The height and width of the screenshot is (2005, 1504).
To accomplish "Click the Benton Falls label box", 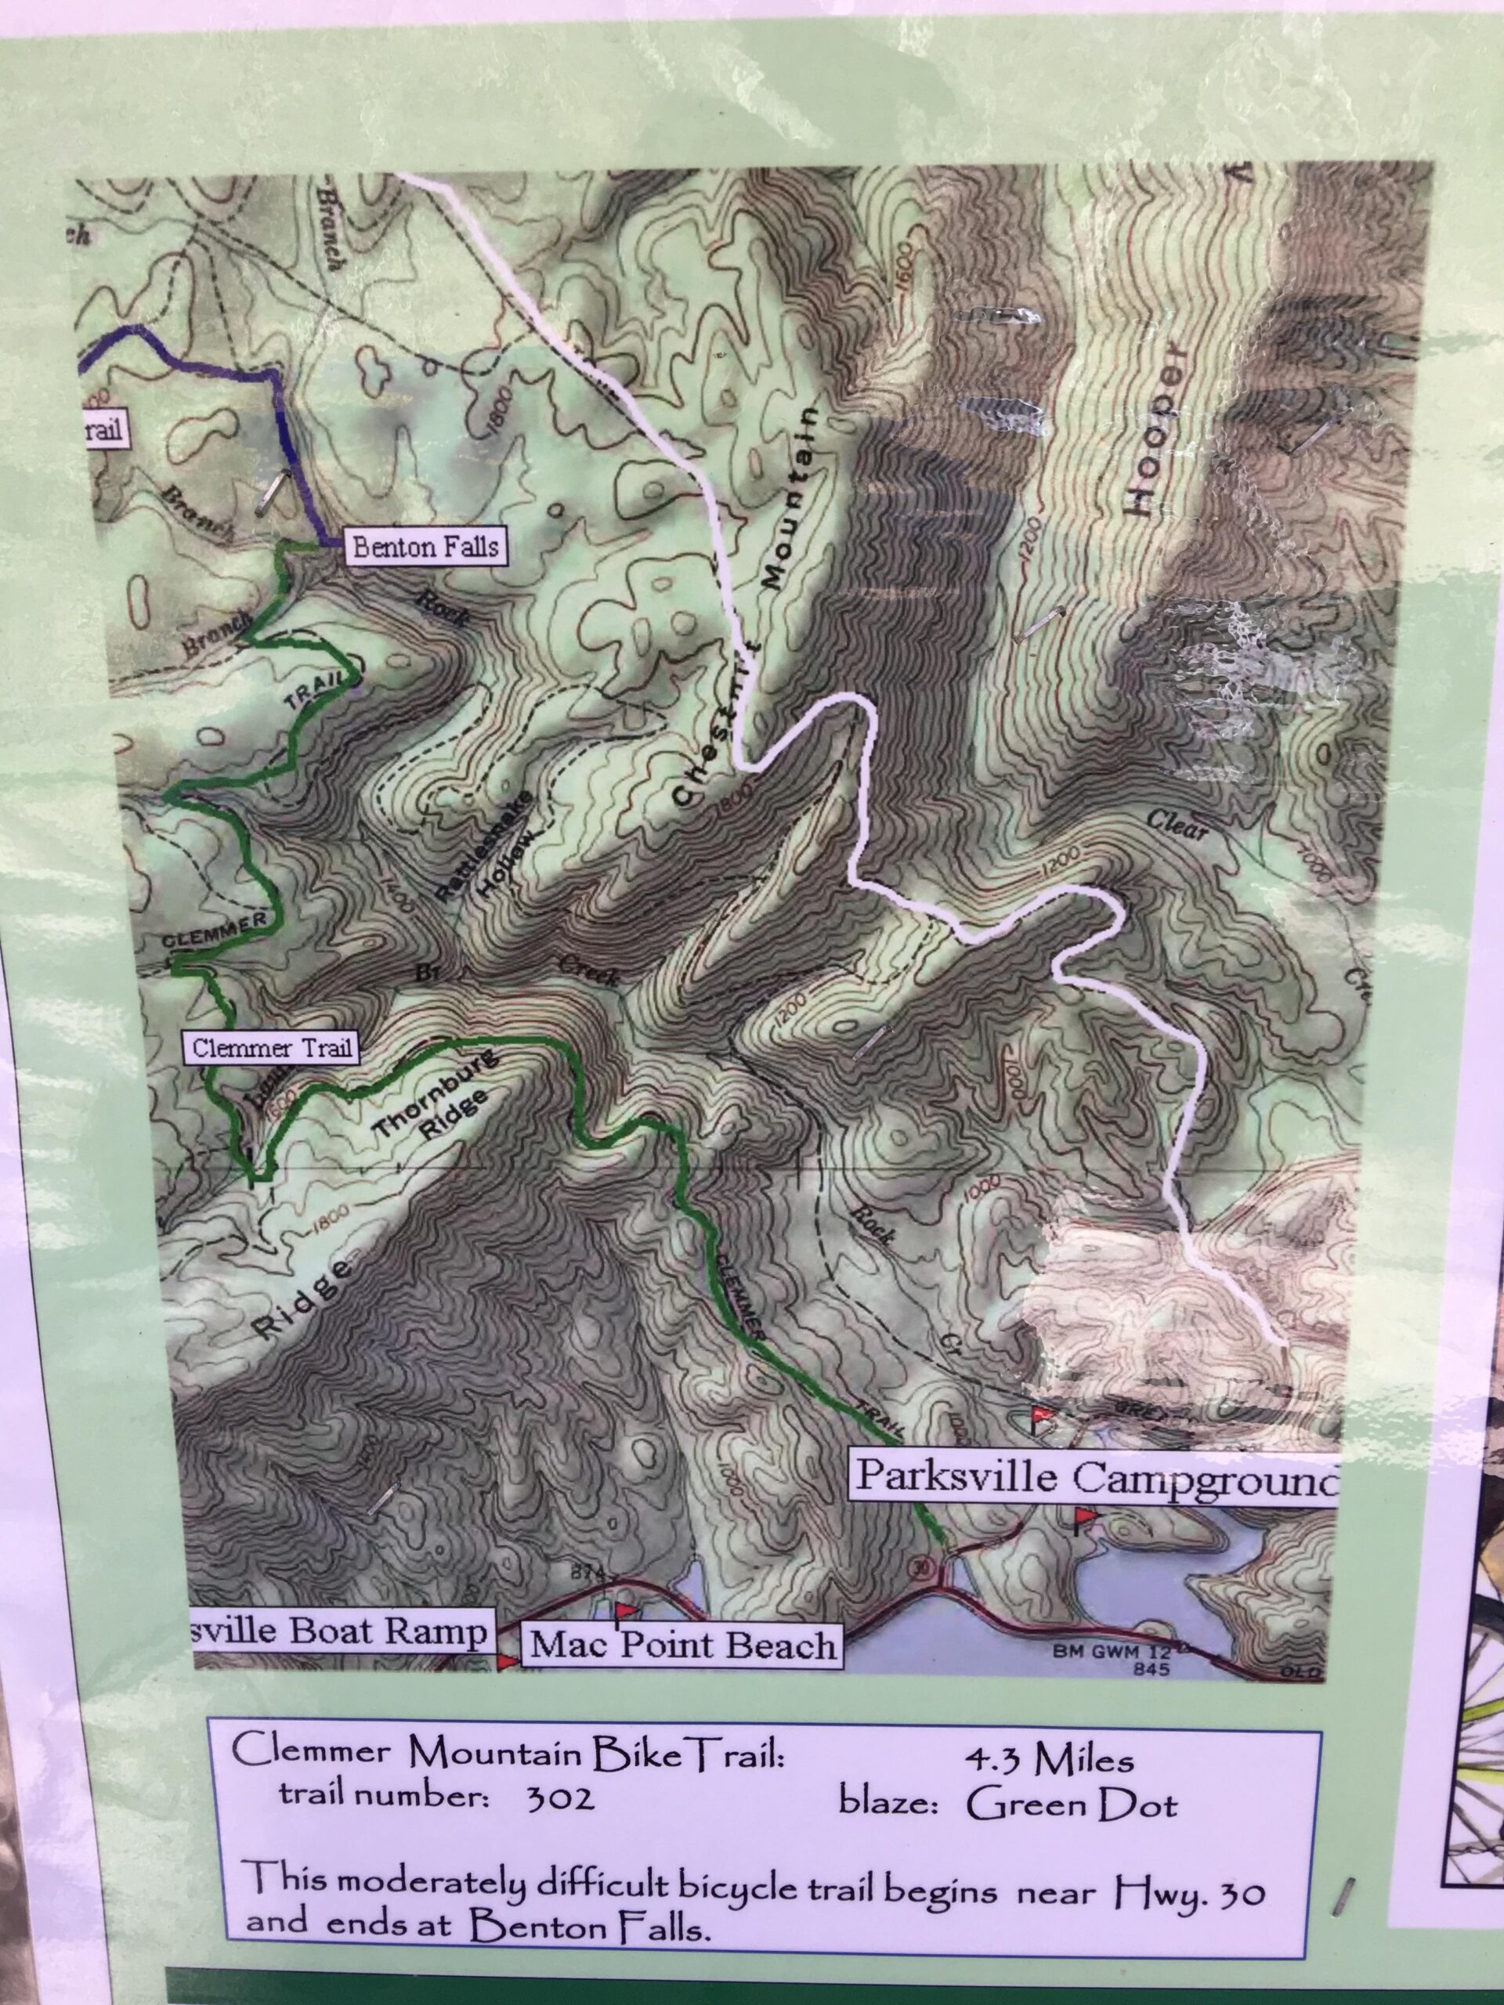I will [x=425, y=547].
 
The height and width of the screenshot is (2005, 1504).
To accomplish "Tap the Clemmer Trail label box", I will [x=272, y=1049].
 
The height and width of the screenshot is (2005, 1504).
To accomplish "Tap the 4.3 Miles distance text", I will [x=1047, y=1734].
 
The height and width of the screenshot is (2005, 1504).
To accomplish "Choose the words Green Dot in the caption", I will [x=1071, y=1779].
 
